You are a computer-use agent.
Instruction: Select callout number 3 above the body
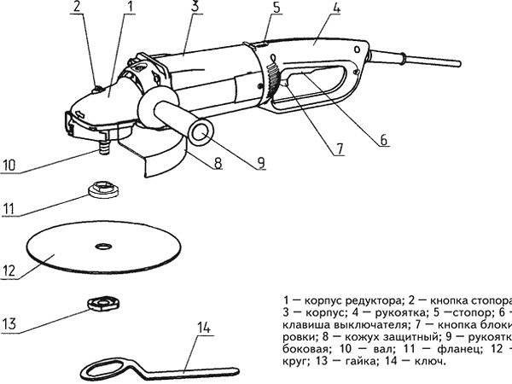pyautogui.click(x=195, y=8)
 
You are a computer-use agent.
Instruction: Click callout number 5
pyautogui.click(x=276, y=9)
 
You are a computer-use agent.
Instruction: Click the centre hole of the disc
pyautogui.click(x=103, y=247)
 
